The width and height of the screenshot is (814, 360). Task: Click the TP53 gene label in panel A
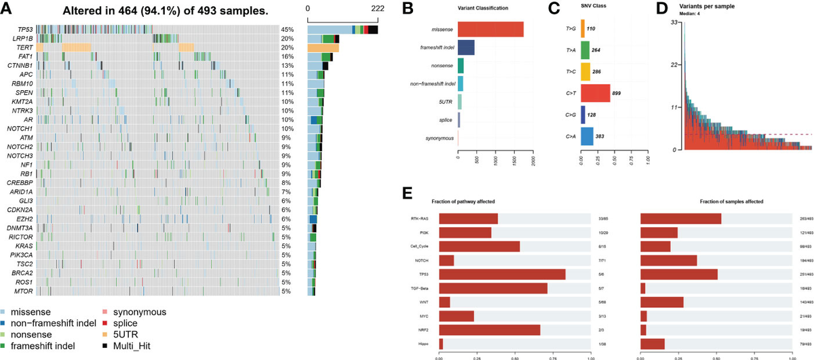(20, 30)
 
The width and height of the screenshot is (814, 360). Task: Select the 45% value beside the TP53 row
(287, 30)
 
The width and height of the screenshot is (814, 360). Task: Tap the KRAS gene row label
(24, 245)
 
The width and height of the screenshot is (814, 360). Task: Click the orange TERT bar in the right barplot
(323, 47)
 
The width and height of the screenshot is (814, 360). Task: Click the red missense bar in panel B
(490, 29)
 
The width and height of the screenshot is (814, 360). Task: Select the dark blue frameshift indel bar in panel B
(466, 47)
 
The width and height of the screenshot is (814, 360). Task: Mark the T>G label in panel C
(571, 29)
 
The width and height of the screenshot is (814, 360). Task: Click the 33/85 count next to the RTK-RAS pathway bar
(602, 218)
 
